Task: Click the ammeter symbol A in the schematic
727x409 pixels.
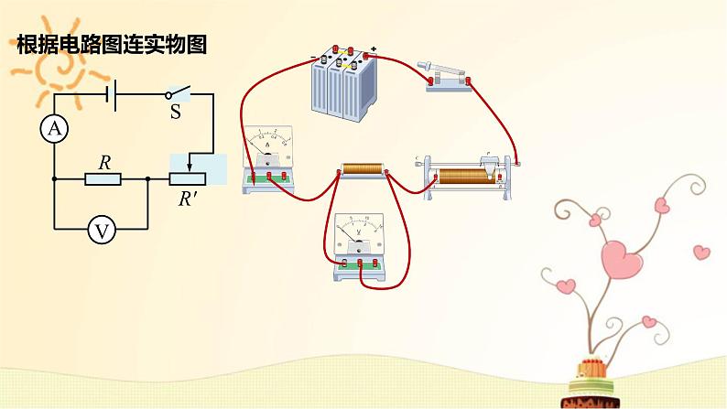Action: pos(54,131)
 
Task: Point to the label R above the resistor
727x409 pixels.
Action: pos(104,162)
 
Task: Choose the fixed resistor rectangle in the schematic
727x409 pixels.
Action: pos(103,179)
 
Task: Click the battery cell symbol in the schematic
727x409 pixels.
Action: pos(113,94)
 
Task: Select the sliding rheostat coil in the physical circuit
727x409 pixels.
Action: pos(462,176)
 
